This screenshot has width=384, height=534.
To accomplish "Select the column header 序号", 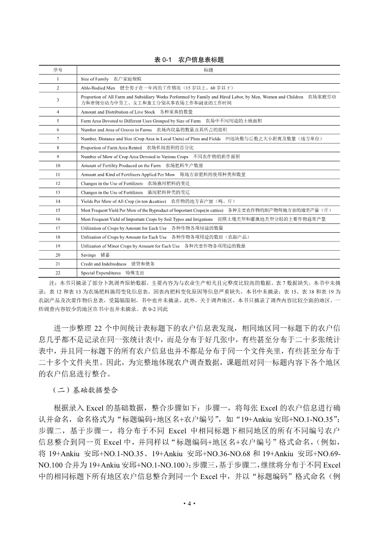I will point(58,70).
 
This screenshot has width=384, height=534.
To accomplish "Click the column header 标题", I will point(208,70).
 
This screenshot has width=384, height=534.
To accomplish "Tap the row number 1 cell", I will point(58,79).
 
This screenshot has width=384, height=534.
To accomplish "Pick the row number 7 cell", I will point(58,139).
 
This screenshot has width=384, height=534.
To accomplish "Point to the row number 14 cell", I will point(58,201).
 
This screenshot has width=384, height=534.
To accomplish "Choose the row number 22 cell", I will point(58,272).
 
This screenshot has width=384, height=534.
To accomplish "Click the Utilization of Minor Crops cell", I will point(163,246).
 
